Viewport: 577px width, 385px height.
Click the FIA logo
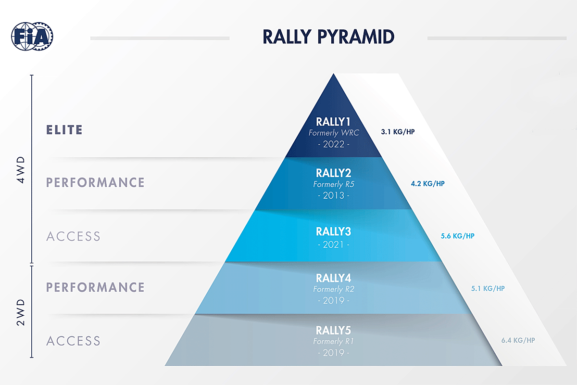[x=32, y=36]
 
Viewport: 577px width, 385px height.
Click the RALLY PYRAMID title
[x=328, y=37]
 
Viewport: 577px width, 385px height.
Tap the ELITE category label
[x=64, y=130]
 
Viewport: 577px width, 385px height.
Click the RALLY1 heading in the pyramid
[x=334, y=121]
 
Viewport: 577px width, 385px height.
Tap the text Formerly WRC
[x=334, y=132]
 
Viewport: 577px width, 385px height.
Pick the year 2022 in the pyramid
[x=334, y=144]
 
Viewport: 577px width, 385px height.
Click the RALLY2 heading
[x=334, y=173]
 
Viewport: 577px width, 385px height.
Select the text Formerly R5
[x=334, y=184]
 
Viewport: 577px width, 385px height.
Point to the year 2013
[x=334, y=196]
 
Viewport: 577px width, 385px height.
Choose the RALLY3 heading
[x=334, y=231]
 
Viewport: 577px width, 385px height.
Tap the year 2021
[x=334, y=244]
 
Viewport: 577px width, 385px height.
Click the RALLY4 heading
[x=334, y=278]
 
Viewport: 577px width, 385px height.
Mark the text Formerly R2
[x=334, y=289]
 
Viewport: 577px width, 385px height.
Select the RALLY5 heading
[x=334, y=330]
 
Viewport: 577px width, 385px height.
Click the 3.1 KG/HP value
[x=398, y=131]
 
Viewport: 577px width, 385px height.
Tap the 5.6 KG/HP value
[x=458, y=236]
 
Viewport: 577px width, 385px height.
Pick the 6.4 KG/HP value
[x=517, y=340]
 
